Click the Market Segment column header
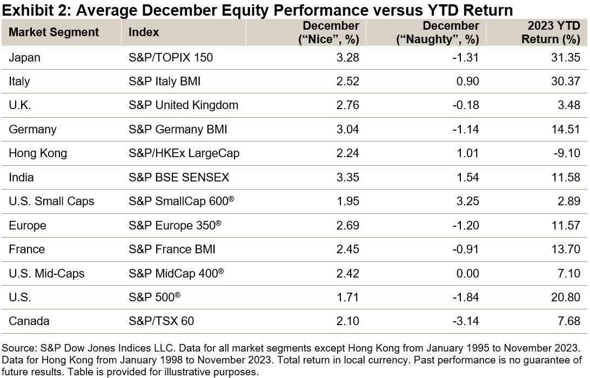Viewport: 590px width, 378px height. click(x=54, y=32)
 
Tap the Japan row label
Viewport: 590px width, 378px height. click(x=24, y=58)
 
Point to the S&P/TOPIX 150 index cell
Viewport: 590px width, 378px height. click(x=171, y=58)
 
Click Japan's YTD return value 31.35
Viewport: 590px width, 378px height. click(x=566, y=58)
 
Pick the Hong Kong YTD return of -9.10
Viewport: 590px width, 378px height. click(x=567, y=153)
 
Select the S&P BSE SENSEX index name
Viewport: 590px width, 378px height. click(x=179, y=177)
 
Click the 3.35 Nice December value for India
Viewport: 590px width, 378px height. click(x=347, y=177)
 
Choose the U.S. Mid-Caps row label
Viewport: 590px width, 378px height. click(x=46, y=273)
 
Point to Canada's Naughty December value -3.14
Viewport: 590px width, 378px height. click(x=466, y=321)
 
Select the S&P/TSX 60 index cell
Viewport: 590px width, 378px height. click(x=161, y=321)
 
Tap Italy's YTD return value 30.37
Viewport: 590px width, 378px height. click(x=566, y=82)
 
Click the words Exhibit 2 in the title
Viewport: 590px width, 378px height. click(x=30, y=10)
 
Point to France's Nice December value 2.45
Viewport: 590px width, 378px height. click(x=347, y=249)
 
